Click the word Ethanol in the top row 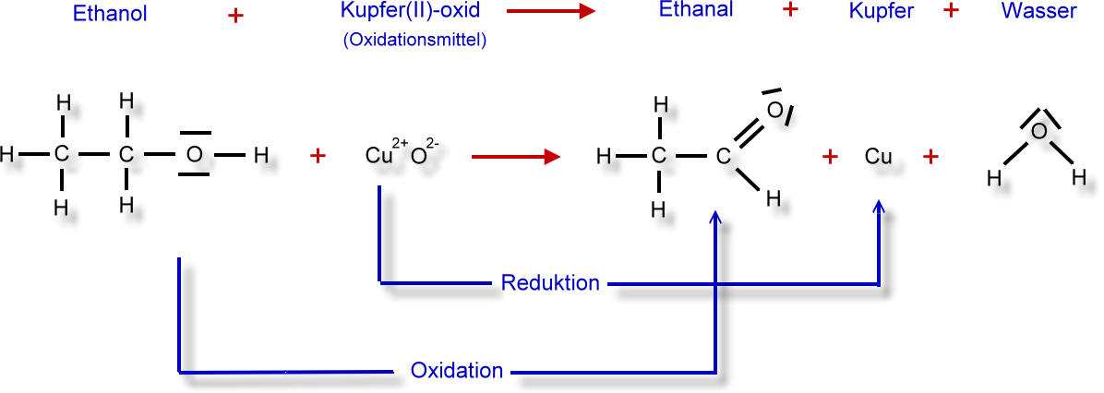point(110,13)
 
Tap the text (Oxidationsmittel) point(414,41)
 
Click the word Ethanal point(696,10)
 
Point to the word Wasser point(1038,12)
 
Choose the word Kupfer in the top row point(881,13)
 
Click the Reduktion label point(550,283)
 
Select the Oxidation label point(457,371)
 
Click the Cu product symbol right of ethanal point(879,156)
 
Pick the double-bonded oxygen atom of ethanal point(774,110)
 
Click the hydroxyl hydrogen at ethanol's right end point(260,155)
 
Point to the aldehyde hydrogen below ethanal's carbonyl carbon point(774,199)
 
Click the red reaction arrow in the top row point(551,11)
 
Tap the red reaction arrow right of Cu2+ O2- point(516,156)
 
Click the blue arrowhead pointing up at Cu point(878,206)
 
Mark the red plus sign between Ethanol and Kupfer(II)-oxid point(236,17)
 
